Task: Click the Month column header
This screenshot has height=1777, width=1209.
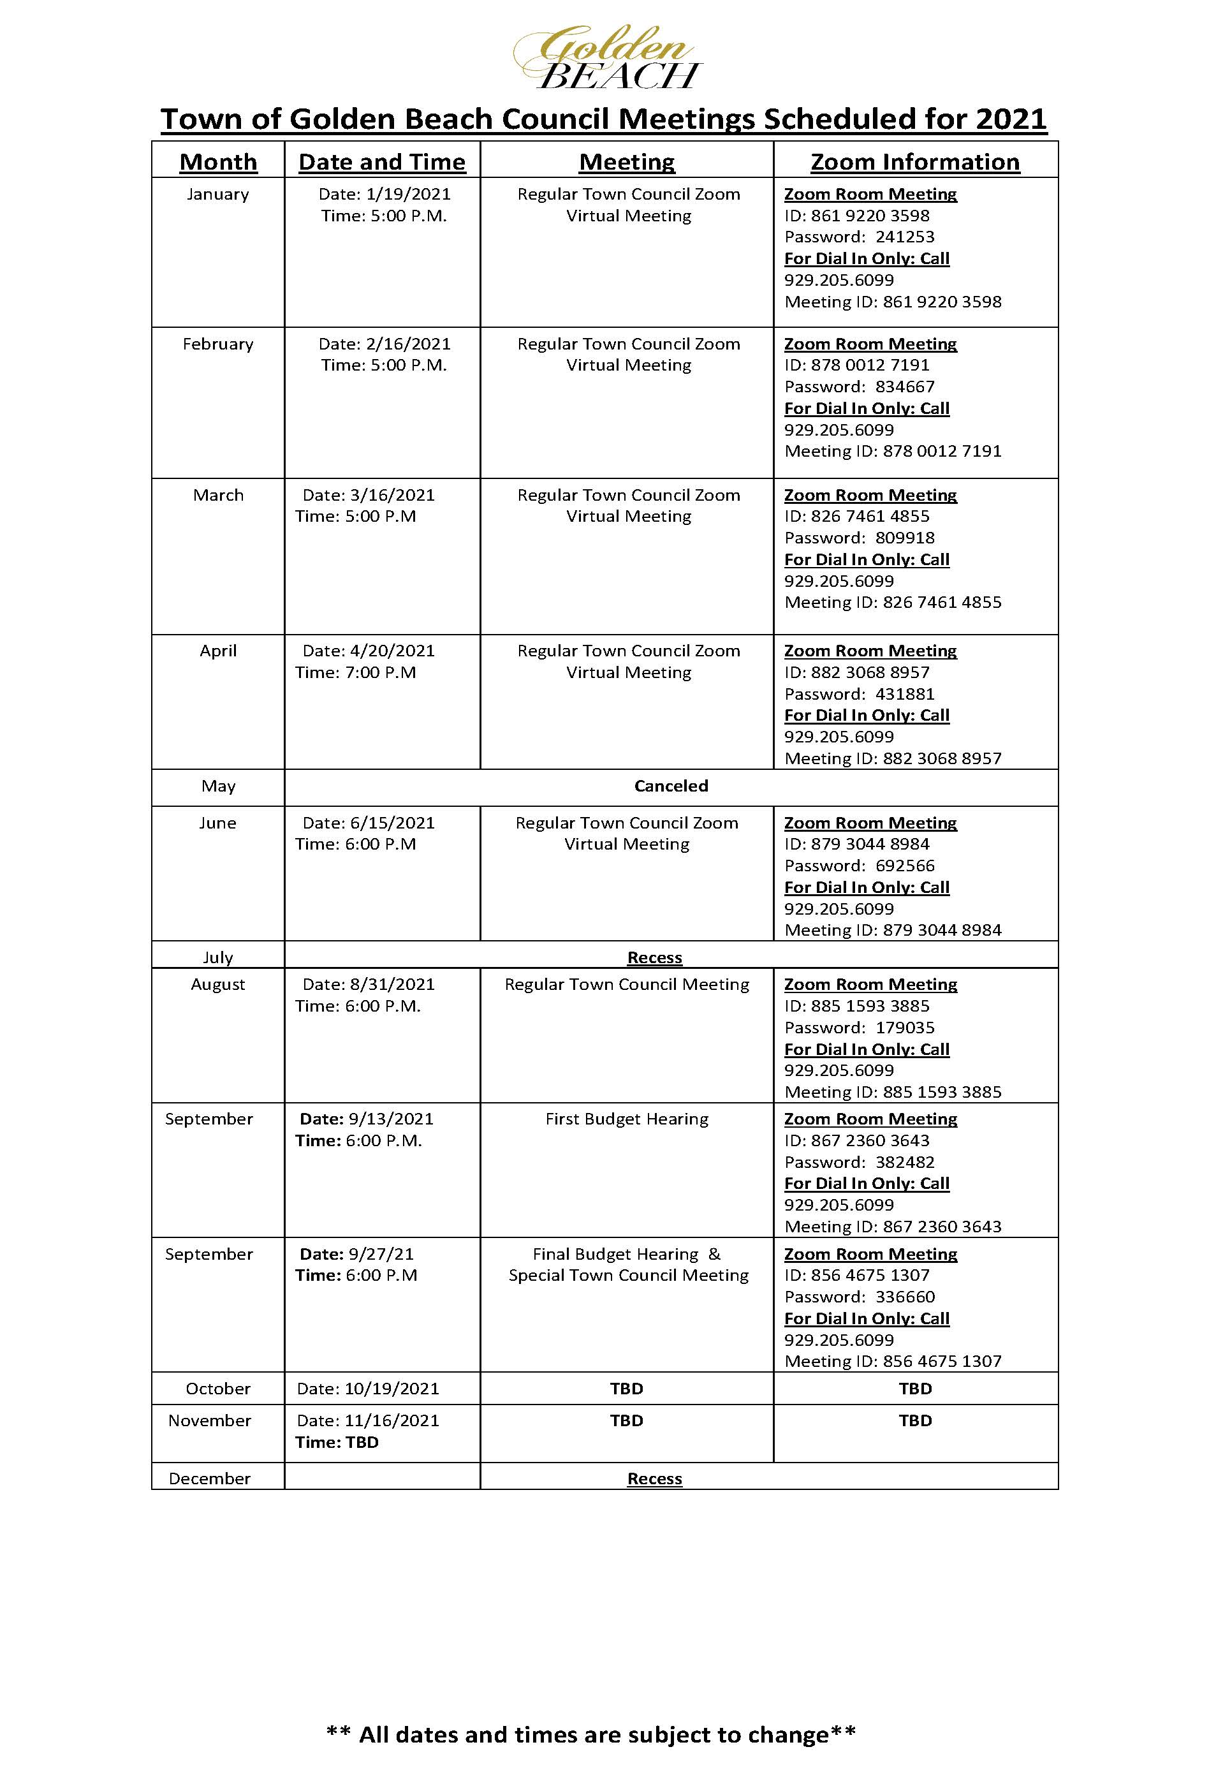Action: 218,162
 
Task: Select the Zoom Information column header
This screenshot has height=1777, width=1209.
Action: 915,162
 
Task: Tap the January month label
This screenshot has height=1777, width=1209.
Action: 218,194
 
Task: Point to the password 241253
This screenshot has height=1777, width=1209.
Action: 905,237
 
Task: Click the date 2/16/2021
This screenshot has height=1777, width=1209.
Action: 408,344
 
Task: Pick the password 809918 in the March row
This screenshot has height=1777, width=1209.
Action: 905,538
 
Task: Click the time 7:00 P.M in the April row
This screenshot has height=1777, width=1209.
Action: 381,673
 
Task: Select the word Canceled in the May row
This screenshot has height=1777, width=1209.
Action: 671,786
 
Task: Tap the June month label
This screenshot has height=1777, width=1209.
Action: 218,823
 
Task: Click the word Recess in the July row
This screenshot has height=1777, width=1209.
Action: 654,958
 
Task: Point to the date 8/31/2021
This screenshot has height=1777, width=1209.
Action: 392,985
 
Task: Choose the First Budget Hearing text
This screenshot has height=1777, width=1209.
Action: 627,1119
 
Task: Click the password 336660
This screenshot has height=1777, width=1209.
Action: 905,1297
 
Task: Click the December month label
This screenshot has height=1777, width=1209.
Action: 209,1478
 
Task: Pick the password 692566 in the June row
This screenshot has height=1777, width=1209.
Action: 905,866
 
